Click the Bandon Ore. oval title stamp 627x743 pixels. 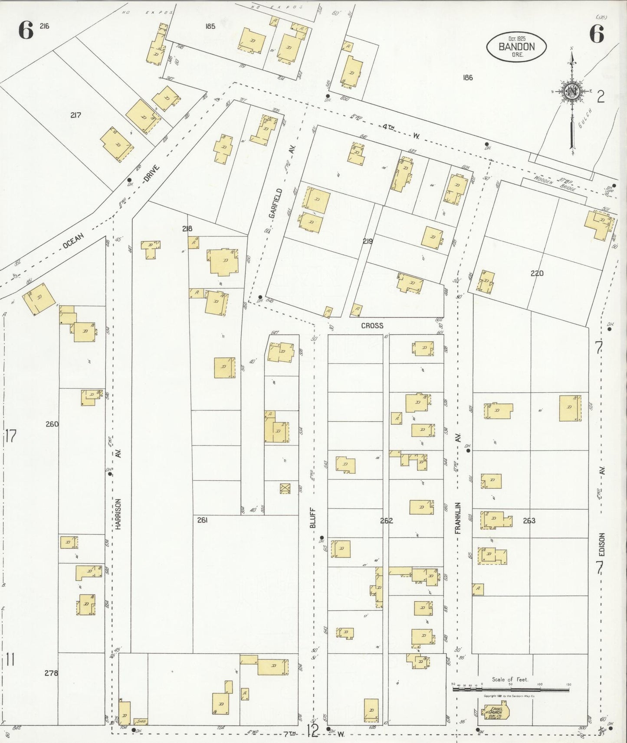pos(516,47)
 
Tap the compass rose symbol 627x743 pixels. pos(571,91)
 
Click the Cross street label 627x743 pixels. pos(372,326)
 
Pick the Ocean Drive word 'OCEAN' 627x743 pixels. pos(73,241)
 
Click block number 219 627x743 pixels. pos(367,241)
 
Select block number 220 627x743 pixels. pos(537,273)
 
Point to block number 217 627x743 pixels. pos(76,115)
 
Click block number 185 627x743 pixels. pos(210,26)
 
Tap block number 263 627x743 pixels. pos(529,521)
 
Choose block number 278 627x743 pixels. pos(51,673)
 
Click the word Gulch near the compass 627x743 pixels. pos(580,129)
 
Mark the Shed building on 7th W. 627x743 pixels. pos(141,722)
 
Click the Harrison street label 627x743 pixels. pos(118,513)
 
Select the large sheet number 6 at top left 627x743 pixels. pos(26,31)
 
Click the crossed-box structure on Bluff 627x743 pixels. pos(285,489)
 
